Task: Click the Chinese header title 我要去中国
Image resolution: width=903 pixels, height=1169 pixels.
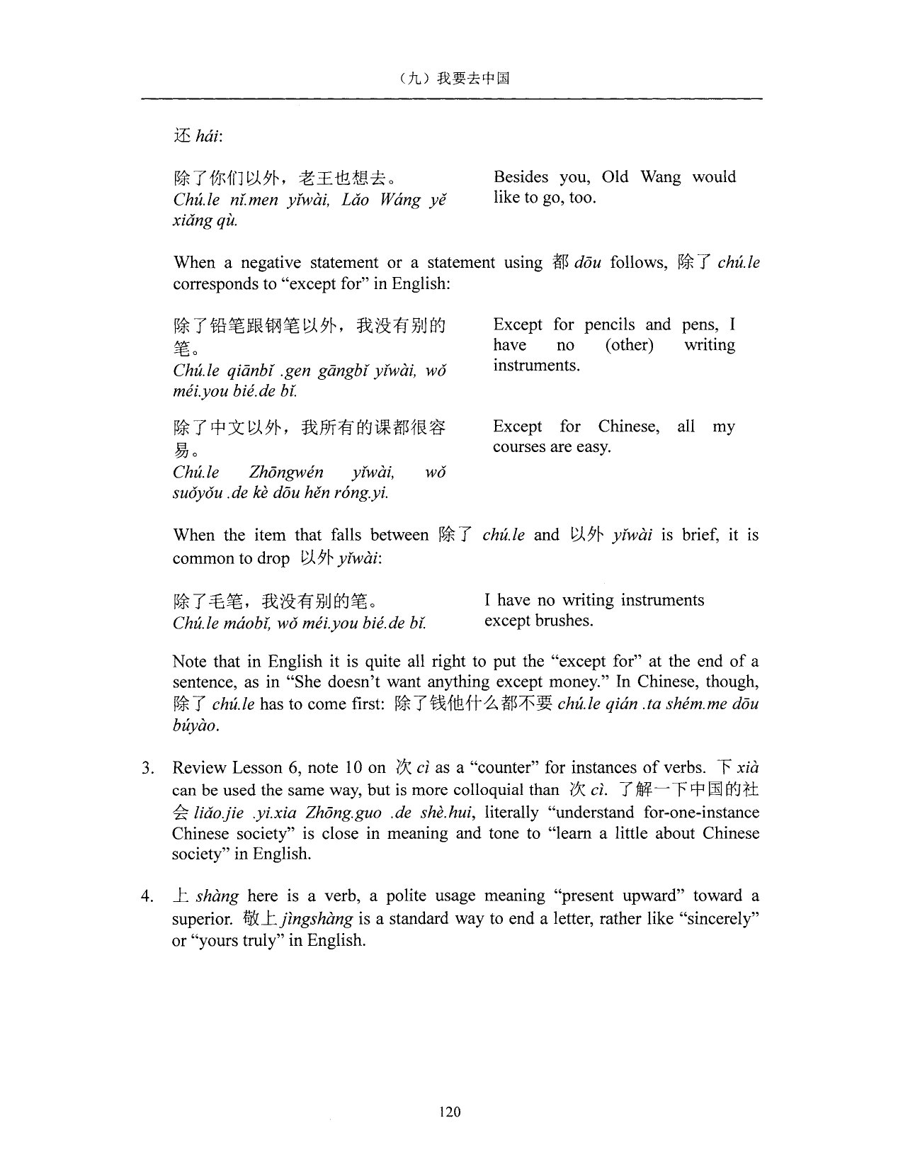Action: (x=473, y=79)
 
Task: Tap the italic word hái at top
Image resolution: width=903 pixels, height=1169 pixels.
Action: (x=208, y=136)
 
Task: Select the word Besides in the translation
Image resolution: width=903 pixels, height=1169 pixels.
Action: (x=521, y=177)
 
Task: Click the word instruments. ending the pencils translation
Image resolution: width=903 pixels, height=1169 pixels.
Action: (x=536, y=366)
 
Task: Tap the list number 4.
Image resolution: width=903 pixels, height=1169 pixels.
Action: (x=147, y=897)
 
